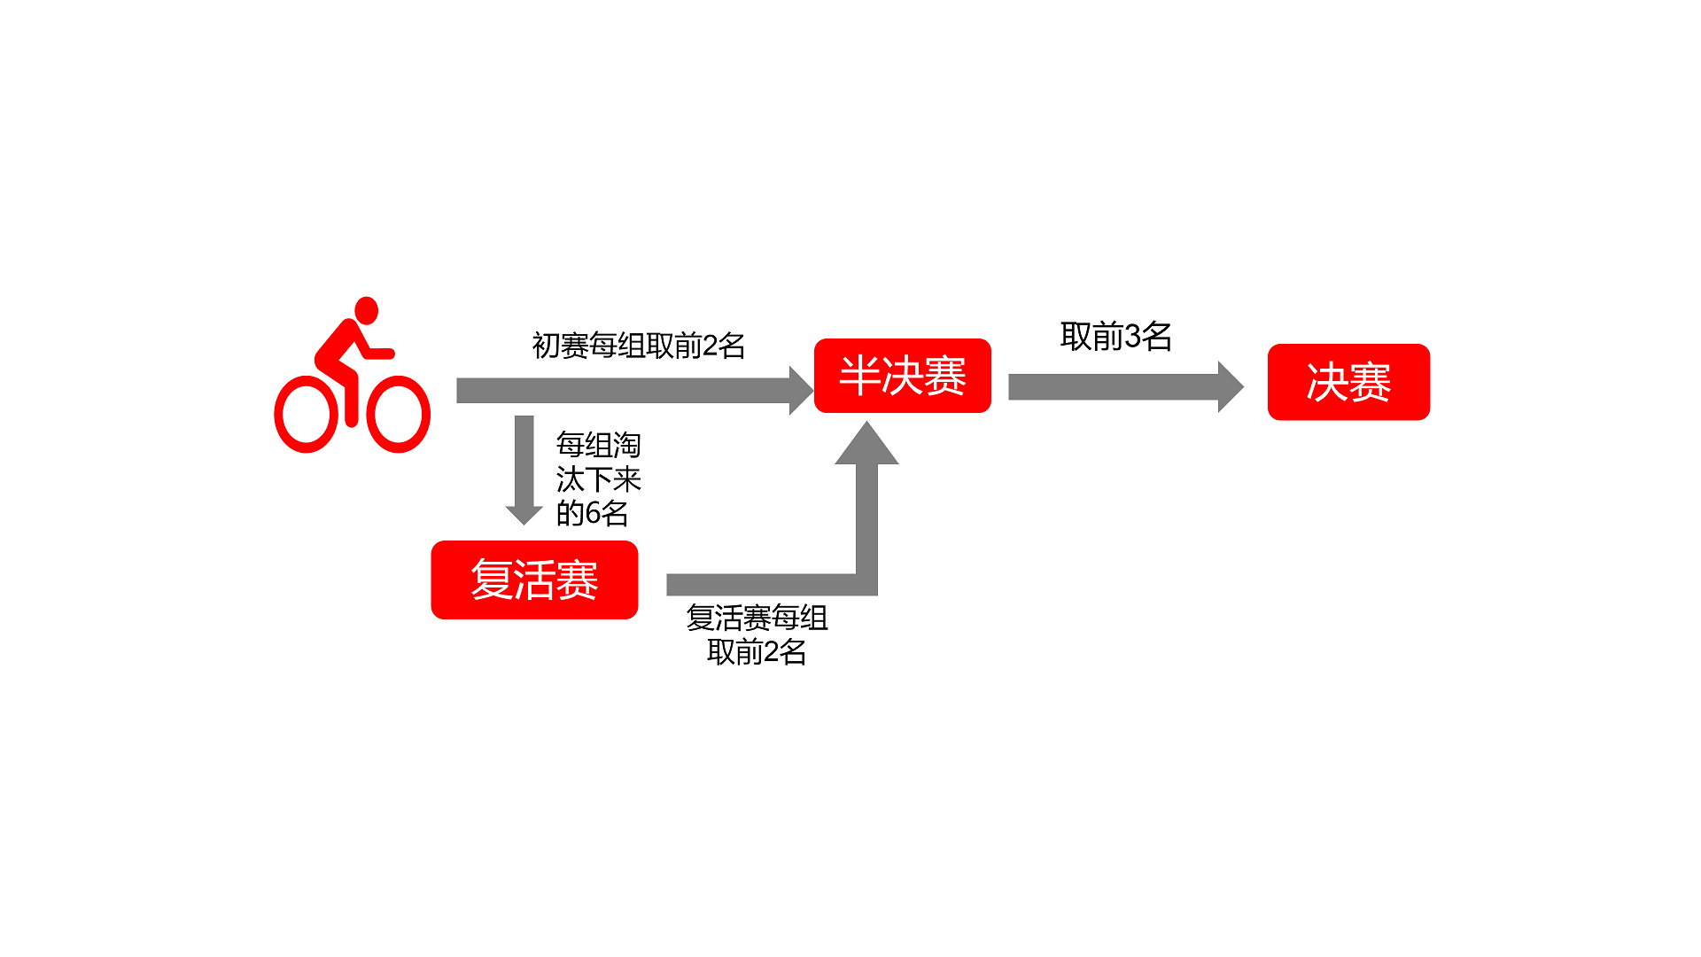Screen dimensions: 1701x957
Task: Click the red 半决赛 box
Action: point(902,376)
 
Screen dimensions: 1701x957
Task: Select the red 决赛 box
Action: point(1348,382)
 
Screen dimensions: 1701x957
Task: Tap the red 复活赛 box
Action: point(534,580)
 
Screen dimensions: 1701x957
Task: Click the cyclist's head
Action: point(367,310)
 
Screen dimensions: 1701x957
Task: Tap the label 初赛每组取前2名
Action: point(638,346)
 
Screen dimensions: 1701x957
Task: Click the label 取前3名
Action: point(1116,337)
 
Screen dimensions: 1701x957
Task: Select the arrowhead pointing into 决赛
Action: point(1231,386)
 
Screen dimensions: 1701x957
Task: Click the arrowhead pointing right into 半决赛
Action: point(801,390)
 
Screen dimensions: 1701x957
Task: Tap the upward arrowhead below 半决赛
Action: point(866,443)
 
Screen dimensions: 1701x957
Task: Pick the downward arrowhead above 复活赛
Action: point(524,516)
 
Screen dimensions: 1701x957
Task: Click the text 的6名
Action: point(592,513)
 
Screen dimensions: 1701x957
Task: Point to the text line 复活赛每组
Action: point(757,618)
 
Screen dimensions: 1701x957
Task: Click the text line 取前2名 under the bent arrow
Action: point(757,652)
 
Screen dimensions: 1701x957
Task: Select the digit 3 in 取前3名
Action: point(1132,337)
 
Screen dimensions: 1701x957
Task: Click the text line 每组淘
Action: point(598,445)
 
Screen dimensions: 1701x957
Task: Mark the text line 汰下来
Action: point(598,479)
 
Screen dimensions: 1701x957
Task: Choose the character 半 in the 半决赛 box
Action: point(858,376)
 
